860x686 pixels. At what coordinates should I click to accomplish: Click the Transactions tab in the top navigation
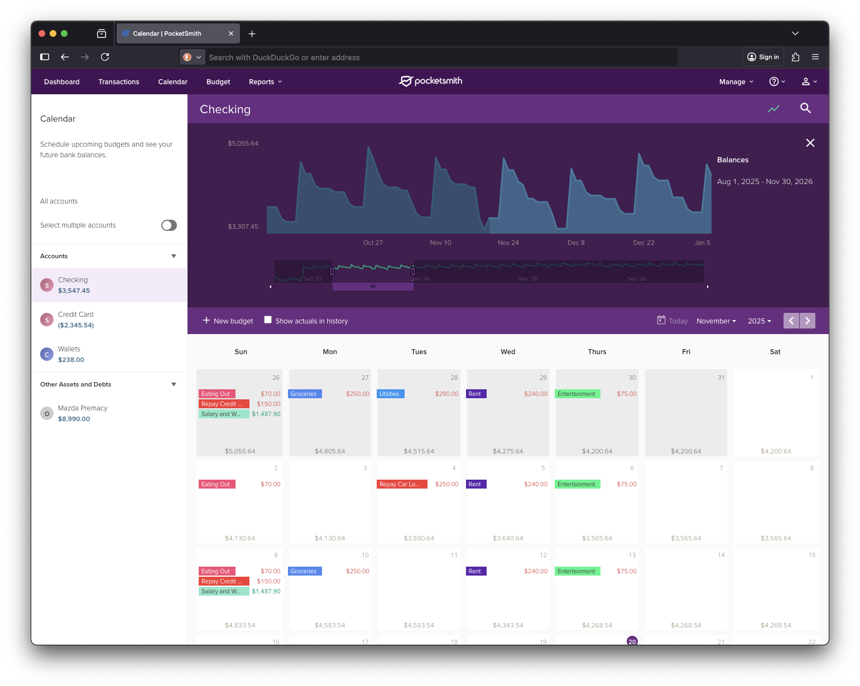point(119,82)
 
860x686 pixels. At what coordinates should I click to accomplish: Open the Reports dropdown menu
point(265,82)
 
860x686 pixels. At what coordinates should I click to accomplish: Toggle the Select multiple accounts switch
point(169,225)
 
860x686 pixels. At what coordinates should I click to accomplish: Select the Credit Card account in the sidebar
point(76,320)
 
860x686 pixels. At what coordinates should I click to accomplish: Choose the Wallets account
point(69,354)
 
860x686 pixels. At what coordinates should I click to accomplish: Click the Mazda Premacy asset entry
point(83,413)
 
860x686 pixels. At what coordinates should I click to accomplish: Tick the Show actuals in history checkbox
point(268,320)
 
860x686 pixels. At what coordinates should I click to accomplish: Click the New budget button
point(228,321)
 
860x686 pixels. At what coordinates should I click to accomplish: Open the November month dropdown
point(716,321)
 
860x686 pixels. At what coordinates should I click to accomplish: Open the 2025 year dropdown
point(759,321)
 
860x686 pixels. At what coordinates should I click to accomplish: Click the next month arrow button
point(808,321)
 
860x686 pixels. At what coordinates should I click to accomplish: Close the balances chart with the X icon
point(810,143)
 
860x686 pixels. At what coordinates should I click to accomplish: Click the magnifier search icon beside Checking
point(805,108)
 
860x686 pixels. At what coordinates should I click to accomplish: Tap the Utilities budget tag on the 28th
point(391,394)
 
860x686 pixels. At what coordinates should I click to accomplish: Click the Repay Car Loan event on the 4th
point(402,484)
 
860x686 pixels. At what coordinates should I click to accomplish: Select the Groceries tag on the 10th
point(305,571)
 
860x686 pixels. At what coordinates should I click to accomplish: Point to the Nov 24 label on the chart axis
point(508,243)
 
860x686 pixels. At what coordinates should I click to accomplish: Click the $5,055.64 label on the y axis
point(243,143)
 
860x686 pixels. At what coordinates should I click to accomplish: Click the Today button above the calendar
point(672,321)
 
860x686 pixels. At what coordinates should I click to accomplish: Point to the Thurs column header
point(597,352)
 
